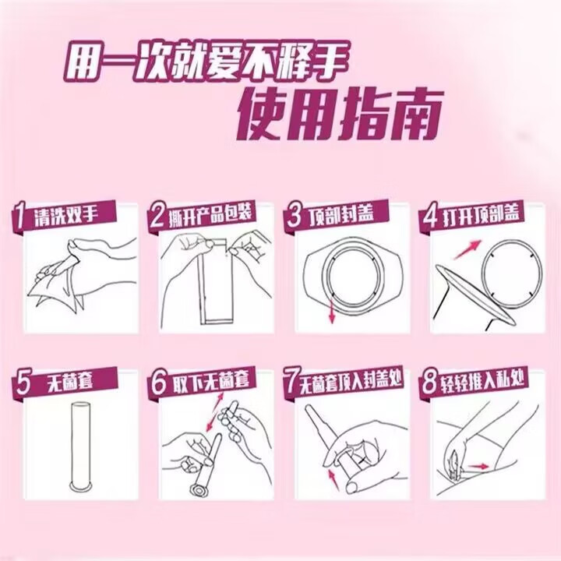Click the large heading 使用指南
click(340, 114)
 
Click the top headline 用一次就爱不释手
click(206, 62)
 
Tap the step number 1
click(19, 217)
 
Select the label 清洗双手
click(66, 215)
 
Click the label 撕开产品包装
click(210, 213)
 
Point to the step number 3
click(294, 216)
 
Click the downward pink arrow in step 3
click(332, 312)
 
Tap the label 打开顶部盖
click(481, 215)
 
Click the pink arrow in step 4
click(467, 250)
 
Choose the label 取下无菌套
click(210, 381)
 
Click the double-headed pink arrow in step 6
click(215, 412)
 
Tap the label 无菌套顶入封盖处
click(351, 381)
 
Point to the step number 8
click(429, 383)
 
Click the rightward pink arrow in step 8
click(478, 466)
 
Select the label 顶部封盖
click(341, 214)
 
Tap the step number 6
click(158, 383)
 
